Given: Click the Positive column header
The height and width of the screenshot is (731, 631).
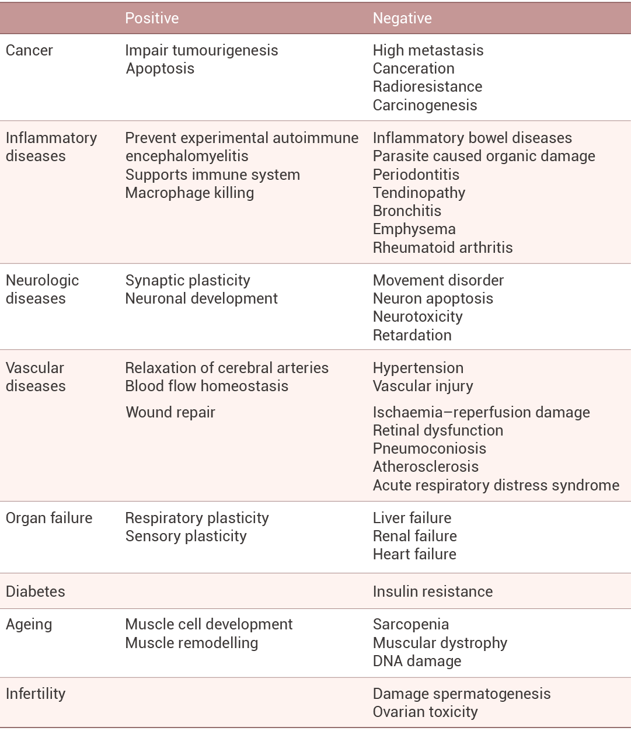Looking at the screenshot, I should click(x=152, y=18).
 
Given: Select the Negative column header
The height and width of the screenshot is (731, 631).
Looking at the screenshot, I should click(x=402, y=18).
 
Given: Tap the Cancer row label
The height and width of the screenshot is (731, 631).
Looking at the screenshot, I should click(x=29, y=50).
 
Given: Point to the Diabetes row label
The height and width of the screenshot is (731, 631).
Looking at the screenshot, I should click(x=35, y=591).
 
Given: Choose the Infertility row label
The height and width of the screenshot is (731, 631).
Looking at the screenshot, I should click(x=36, y=694).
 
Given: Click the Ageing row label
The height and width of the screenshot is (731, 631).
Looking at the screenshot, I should click(x=29, y=624).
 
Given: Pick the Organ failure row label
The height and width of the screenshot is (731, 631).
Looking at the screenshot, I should click(x=49, y=518).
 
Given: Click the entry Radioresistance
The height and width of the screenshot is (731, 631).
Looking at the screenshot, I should click(x=427, y=86).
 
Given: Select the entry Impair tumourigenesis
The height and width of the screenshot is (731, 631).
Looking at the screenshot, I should click(x=201, y=50).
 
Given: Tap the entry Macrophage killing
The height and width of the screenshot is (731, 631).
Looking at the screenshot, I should click(x=190, y=193).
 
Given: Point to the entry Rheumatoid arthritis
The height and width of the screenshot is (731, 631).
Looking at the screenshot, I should click(x=442, y=248).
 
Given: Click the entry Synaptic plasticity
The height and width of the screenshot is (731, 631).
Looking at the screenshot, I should click(x=187, y=280).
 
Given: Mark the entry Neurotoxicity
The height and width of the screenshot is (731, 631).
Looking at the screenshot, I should click(x=417, y=316).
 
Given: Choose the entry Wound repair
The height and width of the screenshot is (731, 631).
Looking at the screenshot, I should click(x=170, y=412).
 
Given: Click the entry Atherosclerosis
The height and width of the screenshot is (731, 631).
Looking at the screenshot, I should click(x=426, y=467).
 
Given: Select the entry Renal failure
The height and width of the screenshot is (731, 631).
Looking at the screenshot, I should click(x=414, y=536).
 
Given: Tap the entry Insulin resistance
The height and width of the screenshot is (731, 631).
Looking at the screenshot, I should click(x=433, y=591).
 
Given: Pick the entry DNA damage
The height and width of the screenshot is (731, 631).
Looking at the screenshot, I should click(x=417, y=661).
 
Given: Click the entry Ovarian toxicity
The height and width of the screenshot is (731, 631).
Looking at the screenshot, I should click(x=425, y=712).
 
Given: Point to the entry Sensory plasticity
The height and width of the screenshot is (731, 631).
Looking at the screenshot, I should click(x=186, y=536).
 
